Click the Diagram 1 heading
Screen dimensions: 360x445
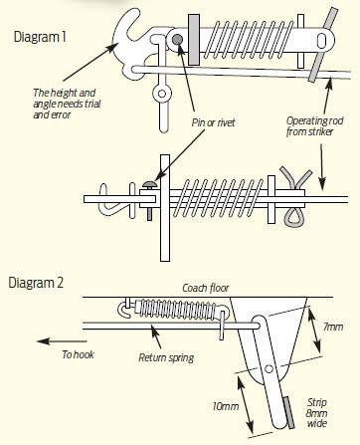coord(40,37)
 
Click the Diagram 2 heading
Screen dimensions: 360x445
coord(36,283)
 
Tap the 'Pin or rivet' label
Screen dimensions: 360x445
coord(213,122)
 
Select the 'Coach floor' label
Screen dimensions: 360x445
coord(206,288)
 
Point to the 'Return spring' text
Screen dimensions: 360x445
coord(166,357)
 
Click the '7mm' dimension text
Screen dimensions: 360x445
coord(333,327)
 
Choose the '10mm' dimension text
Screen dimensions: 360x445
coord(226,406)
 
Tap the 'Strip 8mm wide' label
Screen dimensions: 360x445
coord(317,413)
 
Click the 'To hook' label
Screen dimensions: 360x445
coord(78,354)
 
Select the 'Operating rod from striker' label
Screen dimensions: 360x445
coord(314,126)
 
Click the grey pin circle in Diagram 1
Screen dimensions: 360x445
coord(177,40)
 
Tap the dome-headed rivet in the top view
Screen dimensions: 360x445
coord(150,183)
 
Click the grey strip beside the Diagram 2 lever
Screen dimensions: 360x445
coord(288,413)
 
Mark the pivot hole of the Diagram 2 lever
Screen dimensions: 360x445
coord(270,368)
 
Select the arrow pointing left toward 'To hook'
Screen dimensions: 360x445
coord(62,341)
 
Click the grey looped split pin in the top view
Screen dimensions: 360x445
coord(295,197)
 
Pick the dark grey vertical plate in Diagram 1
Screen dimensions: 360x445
coord(194,40)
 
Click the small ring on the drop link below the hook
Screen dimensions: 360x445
coord(162,94)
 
